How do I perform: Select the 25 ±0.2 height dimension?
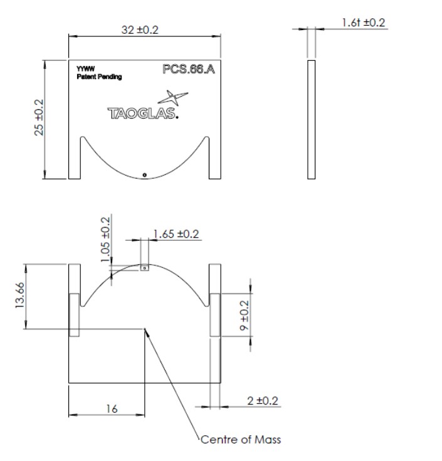point(39,117)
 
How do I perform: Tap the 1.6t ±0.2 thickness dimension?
point(364,23)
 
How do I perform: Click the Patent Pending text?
point(98,77)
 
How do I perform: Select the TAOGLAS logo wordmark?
point(143,114)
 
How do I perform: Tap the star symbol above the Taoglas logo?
point(174,98)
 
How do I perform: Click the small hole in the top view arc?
point(145,175)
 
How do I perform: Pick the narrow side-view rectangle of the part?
point(312,119)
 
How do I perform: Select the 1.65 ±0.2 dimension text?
point(176,234)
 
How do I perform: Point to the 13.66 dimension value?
point(21,295)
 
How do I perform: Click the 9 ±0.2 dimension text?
point(245,315)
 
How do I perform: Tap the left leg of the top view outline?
point(75,157)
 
